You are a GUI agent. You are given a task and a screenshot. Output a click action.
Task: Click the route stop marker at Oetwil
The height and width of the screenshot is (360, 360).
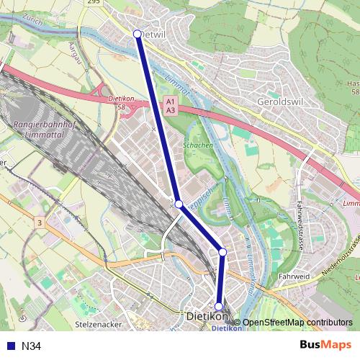pyautogui.click(x=138, y=33)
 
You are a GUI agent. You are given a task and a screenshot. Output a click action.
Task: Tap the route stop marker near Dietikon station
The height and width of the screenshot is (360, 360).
pyautogui.click(x=219, y=307)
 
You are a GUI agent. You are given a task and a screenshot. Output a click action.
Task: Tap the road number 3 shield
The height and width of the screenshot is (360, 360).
pyautogui.click(x=39, y=224)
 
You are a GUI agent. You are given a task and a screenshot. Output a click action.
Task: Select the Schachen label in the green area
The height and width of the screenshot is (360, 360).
pyautogui.click(x=198, y=145)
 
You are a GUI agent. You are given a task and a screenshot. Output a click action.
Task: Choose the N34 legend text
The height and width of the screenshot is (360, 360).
pyautogui.click(x=32, y=346)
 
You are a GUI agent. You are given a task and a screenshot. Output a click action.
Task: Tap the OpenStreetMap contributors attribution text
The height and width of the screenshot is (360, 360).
pyautogui.click(x=297, y=323)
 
